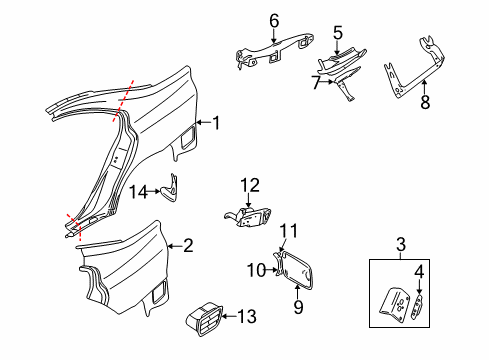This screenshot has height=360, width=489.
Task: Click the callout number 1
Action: click(x=214, y=123)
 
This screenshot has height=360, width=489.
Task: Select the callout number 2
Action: click(x=186, y=244)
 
